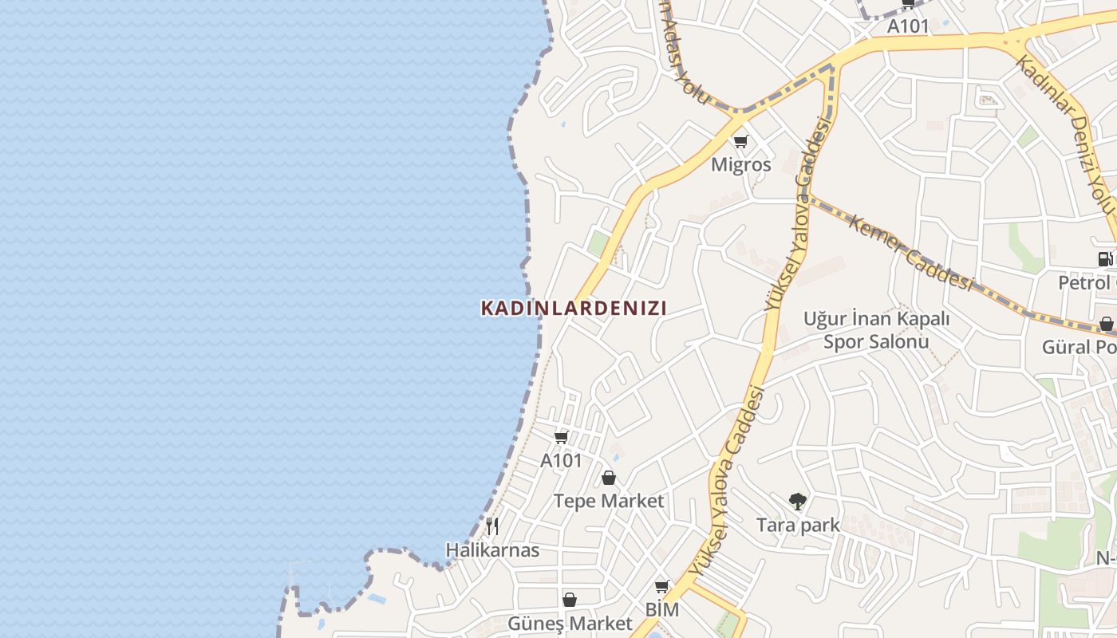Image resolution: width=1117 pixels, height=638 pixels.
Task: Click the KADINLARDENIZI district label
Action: [x=573, y=308]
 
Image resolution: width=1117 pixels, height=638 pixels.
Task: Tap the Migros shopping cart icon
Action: [x=741, y=142]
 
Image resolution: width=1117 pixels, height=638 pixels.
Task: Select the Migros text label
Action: [x=741, y=165]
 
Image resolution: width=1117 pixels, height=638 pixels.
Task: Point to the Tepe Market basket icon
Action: [x=609, y=478]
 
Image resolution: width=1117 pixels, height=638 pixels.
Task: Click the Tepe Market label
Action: [x=609, y=501]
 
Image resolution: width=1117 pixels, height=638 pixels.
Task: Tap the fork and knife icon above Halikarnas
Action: [x=492, y=526]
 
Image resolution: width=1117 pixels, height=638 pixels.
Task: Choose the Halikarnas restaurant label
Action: [x=492, y=550]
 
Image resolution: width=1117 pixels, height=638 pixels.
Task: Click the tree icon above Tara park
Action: [x=797, y=502]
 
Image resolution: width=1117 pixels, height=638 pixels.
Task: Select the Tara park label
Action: [x=798, y=525]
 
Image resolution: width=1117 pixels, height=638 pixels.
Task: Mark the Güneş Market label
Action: [x=570, y=623]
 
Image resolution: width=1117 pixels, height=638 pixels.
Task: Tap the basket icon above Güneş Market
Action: [x=570, y=600]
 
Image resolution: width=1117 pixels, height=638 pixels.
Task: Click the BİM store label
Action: [x=662, y=610]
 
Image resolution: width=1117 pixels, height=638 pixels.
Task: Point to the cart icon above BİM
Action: [x=661, y=588]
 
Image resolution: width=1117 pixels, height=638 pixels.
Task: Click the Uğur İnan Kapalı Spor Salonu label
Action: [x=876, y=330]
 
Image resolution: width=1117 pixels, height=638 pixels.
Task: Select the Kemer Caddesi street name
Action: [x=911, y=253]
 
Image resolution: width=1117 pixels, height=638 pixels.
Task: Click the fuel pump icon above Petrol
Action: [x=1105, y=259]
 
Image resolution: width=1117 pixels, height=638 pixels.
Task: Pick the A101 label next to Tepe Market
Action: [x=562, y=461]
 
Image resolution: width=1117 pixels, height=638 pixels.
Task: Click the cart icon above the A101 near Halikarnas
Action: [x=561, y=437]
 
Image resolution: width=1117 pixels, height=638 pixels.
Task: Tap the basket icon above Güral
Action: [x=1107, y=325]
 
